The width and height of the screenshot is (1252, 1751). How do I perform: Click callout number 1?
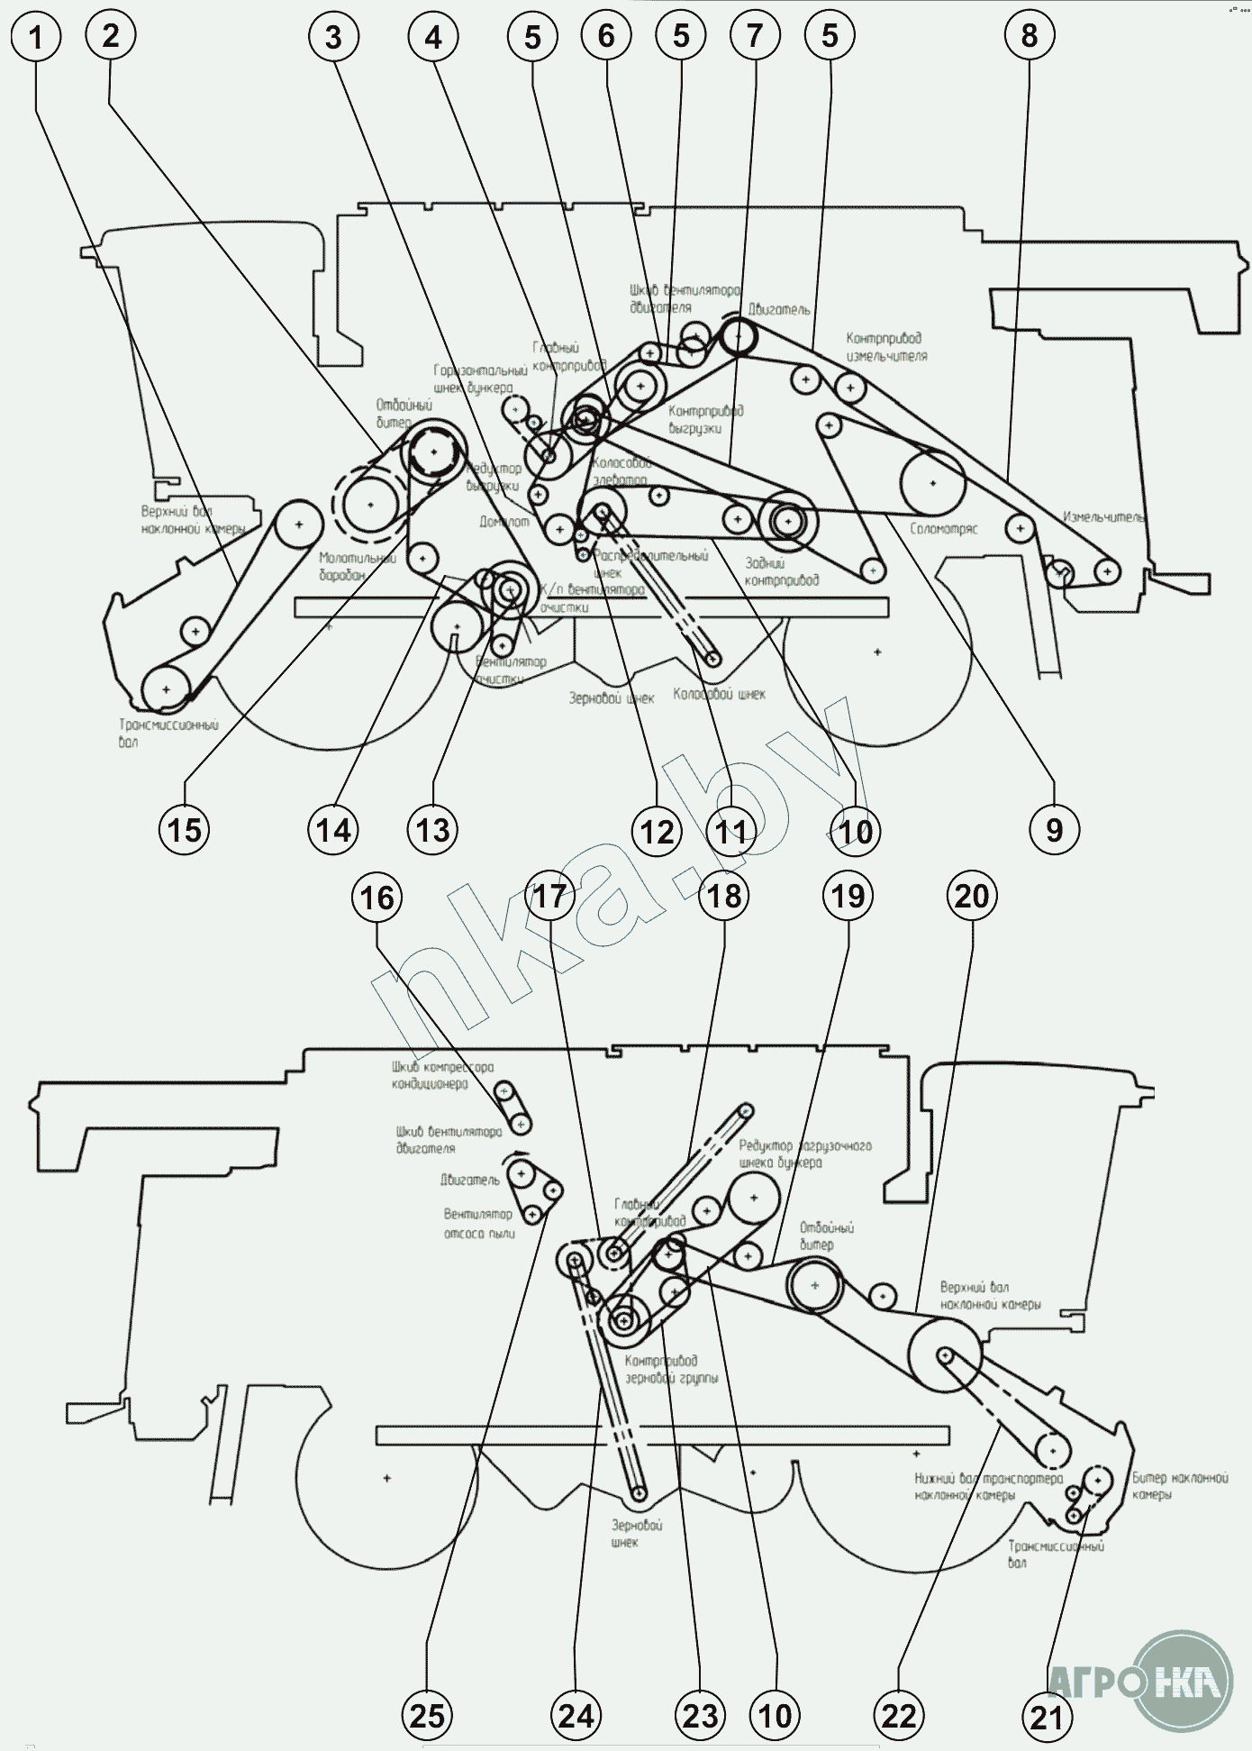tap(36, 38)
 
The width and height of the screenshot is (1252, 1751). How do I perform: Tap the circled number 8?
tap(1030, 37)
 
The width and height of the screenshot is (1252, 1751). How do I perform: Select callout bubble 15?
tap(185, 829)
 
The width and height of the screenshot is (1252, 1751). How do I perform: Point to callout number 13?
tap(433, 829)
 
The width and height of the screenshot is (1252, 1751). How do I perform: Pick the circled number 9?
tap(1054, 829)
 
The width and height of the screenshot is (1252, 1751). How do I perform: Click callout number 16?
tap(377, 898)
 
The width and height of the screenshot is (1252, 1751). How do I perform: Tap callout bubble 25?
tap(427, 1715)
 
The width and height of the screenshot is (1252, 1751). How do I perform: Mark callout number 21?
tap(1047, 1717)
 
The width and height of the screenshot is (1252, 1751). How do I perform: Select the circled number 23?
tap(701, 1716)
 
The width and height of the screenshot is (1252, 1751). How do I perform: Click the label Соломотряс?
tap(943, 529)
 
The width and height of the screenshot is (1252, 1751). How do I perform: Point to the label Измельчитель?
tap(1104, 517)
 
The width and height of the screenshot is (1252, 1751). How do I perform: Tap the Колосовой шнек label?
tap(719, 694)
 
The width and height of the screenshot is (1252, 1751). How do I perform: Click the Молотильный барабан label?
tap(357, 567)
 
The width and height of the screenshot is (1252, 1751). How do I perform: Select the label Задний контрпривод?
tap(781, 571)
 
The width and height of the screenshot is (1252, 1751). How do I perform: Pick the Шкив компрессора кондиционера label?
tap(442, 1075)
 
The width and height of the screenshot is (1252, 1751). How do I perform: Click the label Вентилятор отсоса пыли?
tap(478, 1224)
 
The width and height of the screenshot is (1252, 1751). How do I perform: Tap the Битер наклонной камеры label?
tap(1179, 1486)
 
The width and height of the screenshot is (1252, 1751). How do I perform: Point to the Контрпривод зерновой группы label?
tap(671, 1369)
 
